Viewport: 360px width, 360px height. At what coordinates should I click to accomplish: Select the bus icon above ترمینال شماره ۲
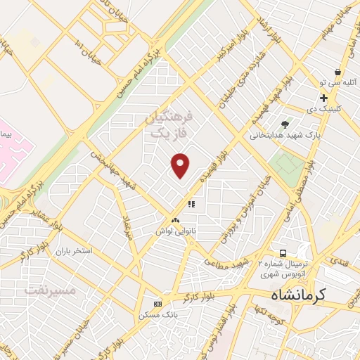(282, 252)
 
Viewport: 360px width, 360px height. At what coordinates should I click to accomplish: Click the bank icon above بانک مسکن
(157, 303)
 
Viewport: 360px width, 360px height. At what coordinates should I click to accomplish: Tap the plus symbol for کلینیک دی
(323, 98)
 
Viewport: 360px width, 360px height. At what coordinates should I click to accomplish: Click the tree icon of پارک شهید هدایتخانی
(285, 124)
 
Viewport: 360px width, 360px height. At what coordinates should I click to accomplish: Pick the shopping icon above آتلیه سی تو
(339, 72)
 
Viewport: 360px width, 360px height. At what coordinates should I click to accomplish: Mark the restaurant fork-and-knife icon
(190, 205)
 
